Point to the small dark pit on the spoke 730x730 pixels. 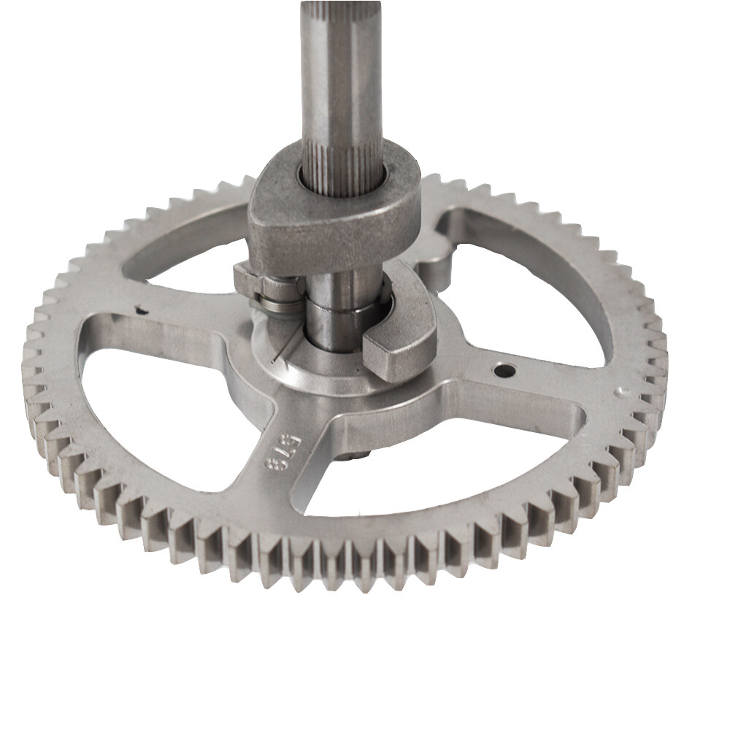(x=141, y=310)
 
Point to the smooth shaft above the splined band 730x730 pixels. (x=340, y=66)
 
